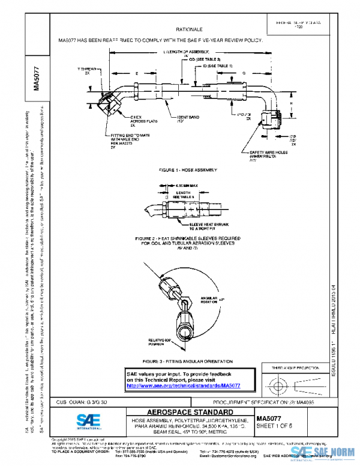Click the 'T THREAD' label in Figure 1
[88, 70]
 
